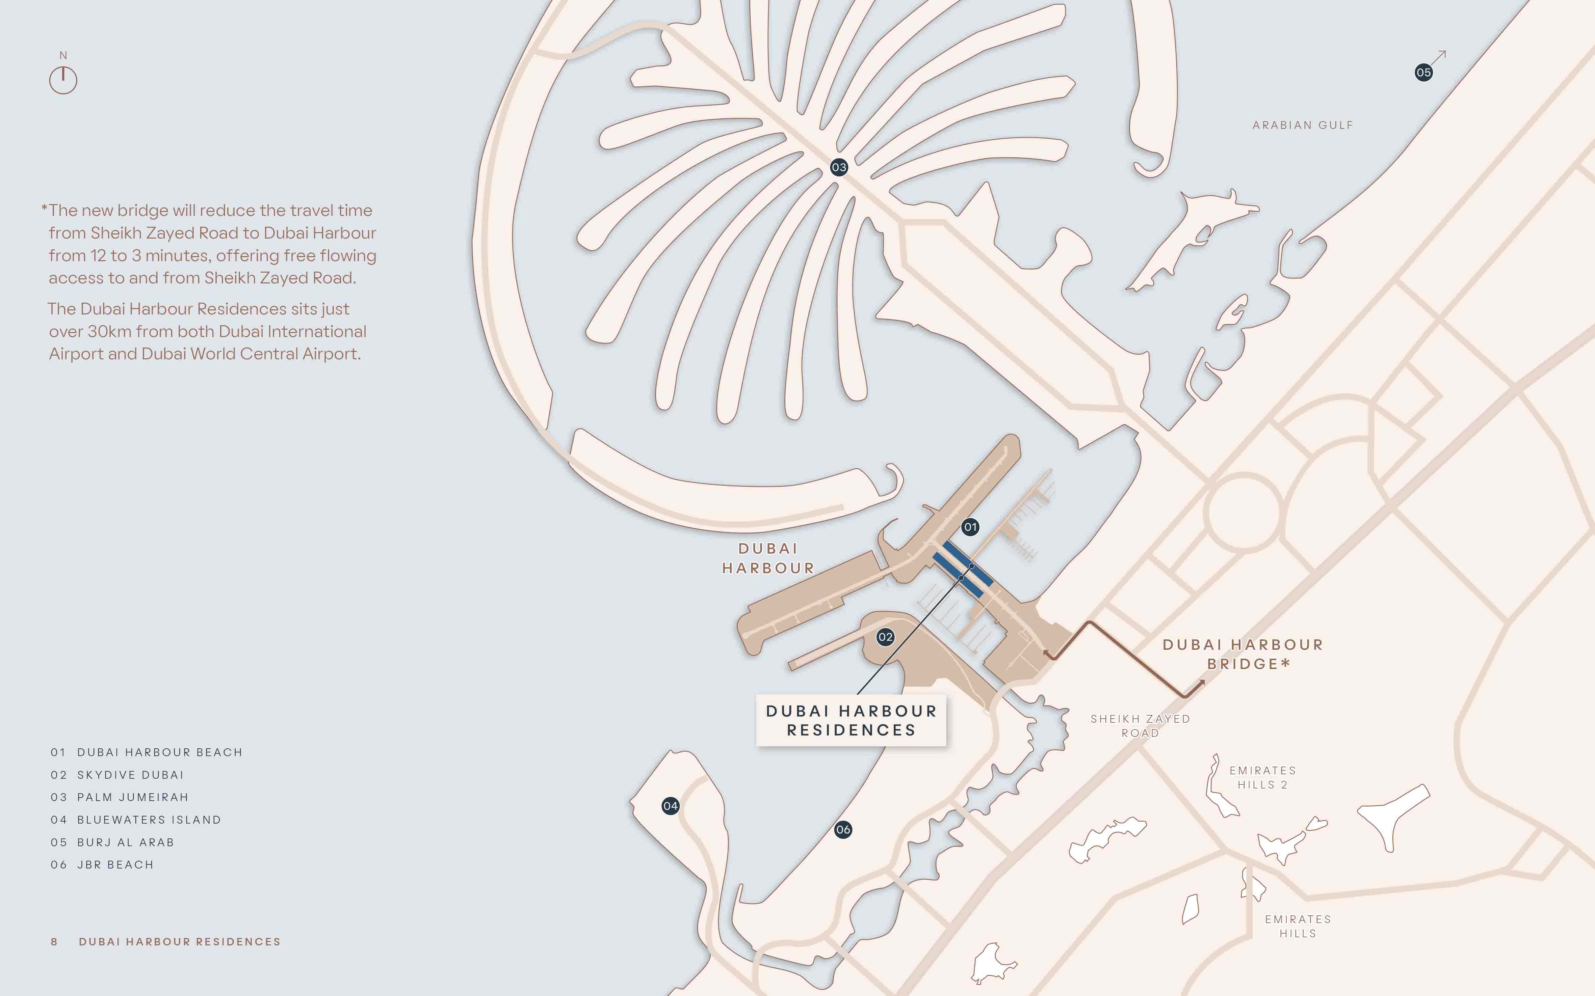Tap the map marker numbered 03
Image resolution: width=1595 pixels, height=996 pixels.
838,167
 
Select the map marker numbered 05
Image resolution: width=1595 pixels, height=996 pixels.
1423,73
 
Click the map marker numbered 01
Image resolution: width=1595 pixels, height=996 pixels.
970,527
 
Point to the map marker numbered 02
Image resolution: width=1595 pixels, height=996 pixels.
885,637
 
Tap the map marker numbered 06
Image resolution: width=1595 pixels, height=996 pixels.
843,830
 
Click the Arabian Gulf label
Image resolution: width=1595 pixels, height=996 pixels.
1302,125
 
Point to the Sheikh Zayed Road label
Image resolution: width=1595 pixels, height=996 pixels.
1140,725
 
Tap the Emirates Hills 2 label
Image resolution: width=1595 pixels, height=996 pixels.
1262,777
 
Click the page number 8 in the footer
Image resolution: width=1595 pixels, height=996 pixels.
54,941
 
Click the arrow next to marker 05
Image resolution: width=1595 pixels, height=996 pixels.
1439,57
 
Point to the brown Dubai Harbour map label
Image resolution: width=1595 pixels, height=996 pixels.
768,558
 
